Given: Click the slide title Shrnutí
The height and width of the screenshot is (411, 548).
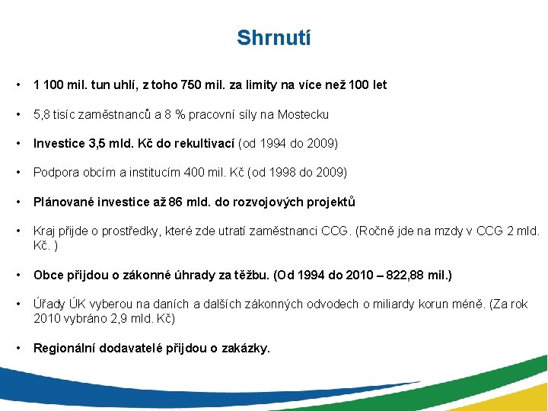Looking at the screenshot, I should (x=273, y=37).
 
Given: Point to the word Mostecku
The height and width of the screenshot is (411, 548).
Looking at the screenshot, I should (x=304, y=115).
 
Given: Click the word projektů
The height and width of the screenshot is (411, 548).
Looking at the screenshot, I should (x=329, y=202).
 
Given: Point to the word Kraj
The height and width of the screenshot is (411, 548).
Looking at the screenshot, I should (x=45, y=231).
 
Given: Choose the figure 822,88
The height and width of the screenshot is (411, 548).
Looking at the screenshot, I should (x=409, y=274).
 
